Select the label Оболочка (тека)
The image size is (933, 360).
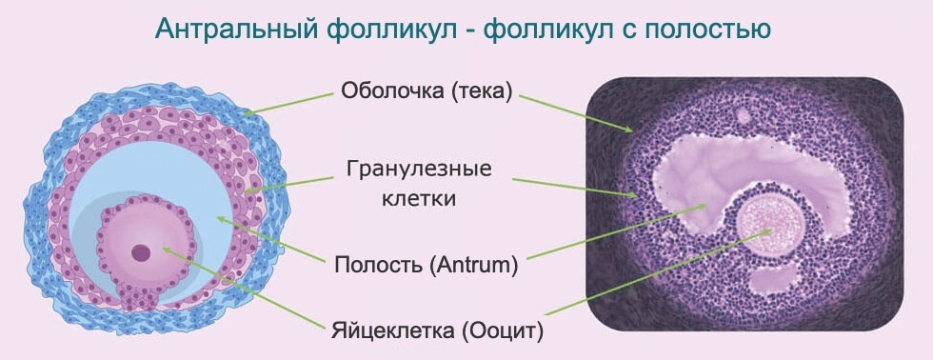[427, 91]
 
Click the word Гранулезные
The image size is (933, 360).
[427, 170]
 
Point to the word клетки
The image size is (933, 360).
[427, 199]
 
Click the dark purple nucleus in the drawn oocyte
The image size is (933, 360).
[141, 252]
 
